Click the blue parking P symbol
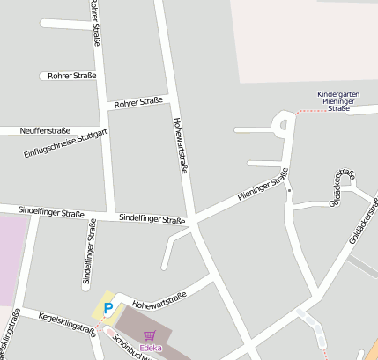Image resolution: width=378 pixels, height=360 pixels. pos(108,309)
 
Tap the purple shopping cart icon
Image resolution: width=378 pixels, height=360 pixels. pos(149,335)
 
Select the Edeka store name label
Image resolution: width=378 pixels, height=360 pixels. pos(151,349)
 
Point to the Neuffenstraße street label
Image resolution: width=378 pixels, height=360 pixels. pos(44,129)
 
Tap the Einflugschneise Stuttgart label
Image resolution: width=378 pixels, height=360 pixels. pos(65,143)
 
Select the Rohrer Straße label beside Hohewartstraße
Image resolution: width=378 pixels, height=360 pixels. pos(138,102)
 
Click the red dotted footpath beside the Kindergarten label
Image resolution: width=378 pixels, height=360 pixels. pos(308,111)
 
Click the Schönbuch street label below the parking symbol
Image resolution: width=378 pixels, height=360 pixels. pos(129,344)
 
